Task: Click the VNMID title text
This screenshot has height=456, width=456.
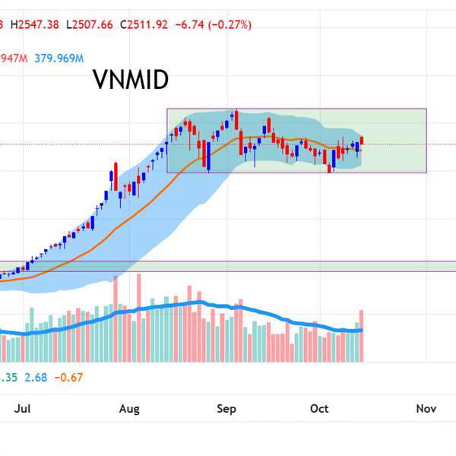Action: [130, 80]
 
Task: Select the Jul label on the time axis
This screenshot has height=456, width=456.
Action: [23, 409]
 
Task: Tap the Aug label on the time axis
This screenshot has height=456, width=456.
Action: [130, 409]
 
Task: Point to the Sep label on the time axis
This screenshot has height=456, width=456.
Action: [226, 409]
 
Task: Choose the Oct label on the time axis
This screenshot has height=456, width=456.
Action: [319, 409]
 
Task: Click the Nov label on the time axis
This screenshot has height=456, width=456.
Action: [426, 409]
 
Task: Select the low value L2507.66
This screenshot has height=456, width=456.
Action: [90, 24]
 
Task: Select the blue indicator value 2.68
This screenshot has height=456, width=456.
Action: [34, 378]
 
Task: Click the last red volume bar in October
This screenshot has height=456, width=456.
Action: [363, 335]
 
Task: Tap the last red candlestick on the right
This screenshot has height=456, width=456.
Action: [363, 140]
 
